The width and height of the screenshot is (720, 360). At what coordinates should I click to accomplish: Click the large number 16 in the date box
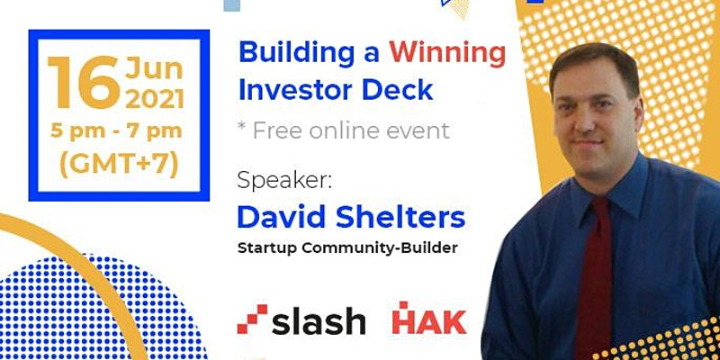tap(84, 83)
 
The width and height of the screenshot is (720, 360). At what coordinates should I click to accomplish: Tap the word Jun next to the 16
tap(154, 69)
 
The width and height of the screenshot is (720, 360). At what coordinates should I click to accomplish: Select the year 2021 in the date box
tap(155, 98)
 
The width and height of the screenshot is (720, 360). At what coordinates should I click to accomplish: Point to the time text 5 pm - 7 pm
tap(116, 131)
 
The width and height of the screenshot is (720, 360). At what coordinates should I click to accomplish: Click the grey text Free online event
tap(351, 130)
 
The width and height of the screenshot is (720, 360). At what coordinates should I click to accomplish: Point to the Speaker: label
tap(283, 181)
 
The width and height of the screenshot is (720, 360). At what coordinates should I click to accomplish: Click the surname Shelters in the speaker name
tap(400, 218)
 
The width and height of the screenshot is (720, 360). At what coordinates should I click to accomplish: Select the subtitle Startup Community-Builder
tap(347, 248)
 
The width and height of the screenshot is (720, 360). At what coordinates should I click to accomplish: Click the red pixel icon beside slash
tap(252, 319)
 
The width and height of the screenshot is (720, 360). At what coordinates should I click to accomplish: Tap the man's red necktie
tap(596, 275)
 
